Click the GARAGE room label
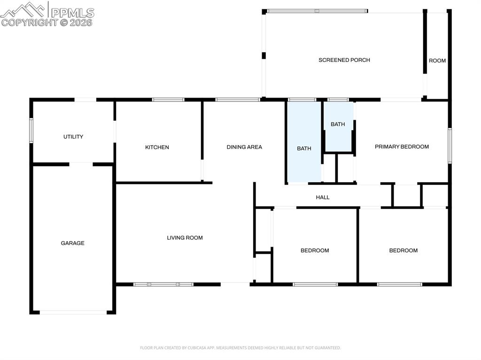click(72, 243)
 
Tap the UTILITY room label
click(73, 137)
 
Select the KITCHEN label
click(157, 147)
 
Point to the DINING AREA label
click(244, 147)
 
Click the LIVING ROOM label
click(185, 238)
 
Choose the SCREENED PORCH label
click(344, 60)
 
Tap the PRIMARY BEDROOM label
click(402, 146)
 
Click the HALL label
click(323, 198)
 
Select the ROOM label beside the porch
click(437, 61)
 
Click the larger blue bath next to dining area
click(304, 148)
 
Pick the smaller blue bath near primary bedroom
click(338, 124)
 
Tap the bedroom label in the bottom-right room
click(403, 251)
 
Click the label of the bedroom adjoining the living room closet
click(315, 251)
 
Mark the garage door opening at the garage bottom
click(73, 312)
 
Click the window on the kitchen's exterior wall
click(168, 100)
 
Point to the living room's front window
click(163, 284)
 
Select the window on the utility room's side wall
click(31, 130)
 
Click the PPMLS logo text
click(72, 13)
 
